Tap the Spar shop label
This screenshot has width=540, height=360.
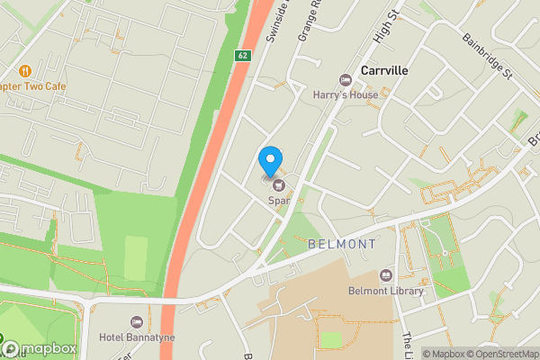point(278,201)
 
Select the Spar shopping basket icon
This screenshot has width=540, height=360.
point(277,184)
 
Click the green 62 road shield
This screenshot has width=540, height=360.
point(243,55)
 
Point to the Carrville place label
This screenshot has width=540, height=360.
point(385,69)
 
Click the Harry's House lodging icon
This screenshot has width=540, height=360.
point(344,80)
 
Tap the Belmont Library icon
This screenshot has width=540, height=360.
point(386,275)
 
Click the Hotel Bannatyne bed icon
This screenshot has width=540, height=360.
point(137,322)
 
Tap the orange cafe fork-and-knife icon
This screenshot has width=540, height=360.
point(25,70)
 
